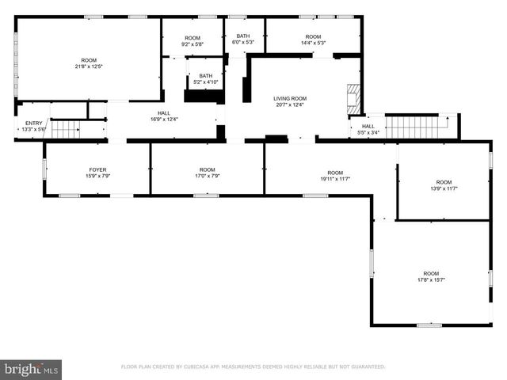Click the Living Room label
click(x=290, y=98)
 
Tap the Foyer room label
click(x=97, y=169)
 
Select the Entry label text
click(x=34, y=123)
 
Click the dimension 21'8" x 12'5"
click(x=89, y=66)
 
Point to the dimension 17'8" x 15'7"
click(x=430, y=279)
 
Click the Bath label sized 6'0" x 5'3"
click(x=244, y=37)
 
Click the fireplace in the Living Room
click(x=353, y=97)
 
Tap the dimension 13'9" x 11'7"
click(x=444, y=188)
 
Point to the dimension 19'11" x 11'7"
click(x=335, y=179)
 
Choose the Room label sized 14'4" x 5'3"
click(x=313, y=37)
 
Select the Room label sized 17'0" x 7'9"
click(x=207, y=169)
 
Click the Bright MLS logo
click(x=31, y=369)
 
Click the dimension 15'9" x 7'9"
click(x=97, y=176)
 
